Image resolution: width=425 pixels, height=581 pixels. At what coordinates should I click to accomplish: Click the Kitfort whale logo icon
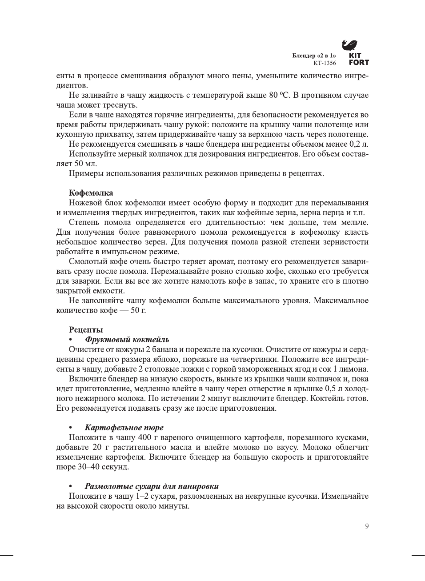click(349, 45)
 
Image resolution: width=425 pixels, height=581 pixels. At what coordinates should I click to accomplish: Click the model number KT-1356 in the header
click(325, 63)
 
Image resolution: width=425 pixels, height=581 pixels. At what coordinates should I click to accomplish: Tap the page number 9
click(367, 526)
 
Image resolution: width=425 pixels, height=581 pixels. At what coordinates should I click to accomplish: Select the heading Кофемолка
click(91, 193)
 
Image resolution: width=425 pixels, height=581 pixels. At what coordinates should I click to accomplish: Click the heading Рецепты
click(86, 330)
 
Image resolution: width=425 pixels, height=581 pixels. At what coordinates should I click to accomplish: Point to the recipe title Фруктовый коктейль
click(127, 340)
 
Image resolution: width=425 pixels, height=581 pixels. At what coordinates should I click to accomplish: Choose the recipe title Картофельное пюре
click(124, 428)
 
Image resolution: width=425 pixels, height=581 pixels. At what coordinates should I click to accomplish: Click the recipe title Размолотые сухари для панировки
click(152, 486)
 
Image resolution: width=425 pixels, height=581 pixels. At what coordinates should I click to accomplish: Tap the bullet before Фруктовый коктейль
click(70, 340)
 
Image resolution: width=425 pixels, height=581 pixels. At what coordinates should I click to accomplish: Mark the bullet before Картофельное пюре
click(70, 428)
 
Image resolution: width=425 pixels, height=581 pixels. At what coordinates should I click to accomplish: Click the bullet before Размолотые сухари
click(70, 487)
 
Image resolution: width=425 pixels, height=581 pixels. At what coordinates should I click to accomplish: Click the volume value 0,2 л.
click(359, 144)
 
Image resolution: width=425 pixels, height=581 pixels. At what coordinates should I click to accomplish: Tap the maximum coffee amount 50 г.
click(138, 310)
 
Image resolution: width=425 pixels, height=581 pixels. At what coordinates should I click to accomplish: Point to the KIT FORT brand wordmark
click(358, 59)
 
